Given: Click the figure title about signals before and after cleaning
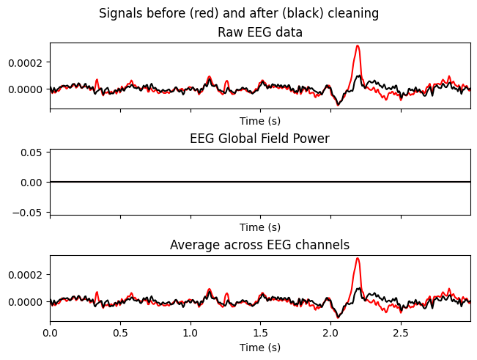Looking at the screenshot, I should [x=239, y=13].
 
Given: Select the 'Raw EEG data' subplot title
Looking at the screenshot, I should [x=260, y=32].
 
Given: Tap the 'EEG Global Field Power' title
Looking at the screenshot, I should [x=260, y=139].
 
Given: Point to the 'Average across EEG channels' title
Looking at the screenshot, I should [x=260, y=245].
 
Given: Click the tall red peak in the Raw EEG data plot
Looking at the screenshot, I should [x=358, y=47].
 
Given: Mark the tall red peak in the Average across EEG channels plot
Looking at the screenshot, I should [x=358, y=259].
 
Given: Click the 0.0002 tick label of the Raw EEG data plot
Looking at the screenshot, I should [x=24, y=62].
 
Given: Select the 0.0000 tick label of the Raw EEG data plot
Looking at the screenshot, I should [x=24, y=89].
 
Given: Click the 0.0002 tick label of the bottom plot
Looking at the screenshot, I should [x=24, y=274].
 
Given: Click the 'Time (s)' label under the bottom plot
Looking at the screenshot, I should [x=260, y=348].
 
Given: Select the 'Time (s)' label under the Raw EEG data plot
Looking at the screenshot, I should [x=260, y=121].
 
